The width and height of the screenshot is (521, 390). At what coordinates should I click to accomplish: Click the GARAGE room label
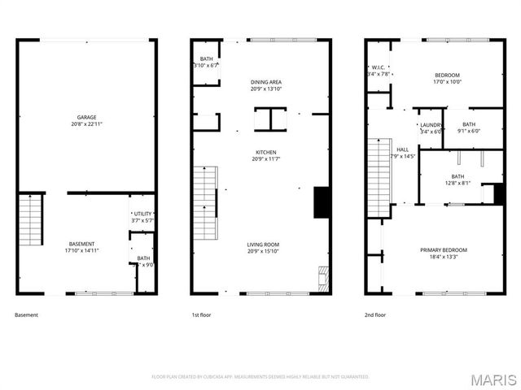[x=86, y=117]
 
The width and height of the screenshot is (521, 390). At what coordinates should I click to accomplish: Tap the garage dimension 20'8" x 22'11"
[x=86, y=124]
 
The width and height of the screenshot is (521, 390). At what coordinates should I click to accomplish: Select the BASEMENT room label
[x=81, y=244]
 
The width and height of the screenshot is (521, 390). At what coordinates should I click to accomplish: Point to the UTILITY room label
[x=142, y=213]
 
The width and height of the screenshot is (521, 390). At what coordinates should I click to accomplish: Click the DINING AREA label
[x=266, y=82]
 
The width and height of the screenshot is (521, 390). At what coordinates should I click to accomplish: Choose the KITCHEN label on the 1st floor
[x=266, y=152]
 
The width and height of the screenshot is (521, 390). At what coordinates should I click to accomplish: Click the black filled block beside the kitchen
[x=321, y=202]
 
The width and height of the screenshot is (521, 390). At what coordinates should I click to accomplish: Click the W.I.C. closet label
[x=379, y=67]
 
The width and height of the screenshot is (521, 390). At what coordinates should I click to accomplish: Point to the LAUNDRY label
[x=431, y=124]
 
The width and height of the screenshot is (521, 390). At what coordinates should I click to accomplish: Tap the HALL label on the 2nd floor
[x=402, y=149]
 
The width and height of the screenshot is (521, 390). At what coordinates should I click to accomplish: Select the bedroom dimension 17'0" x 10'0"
[x=447, y=82]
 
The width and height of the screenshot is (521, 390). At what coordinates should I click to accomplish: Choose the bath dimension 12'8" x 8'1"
[x=458, y=184]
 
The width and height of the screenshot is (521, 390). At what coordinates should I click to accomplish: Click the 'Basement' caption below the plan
[x=26, y=314]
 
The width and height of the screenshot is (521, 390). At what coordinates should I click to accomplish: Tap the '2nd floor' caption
[x=375, y=314]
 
